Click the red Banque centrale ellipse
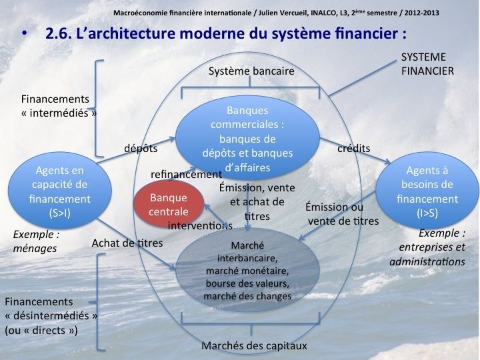tap(168, 205)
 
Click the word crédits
tap(354, 149)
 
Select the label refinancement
tap(186, 174)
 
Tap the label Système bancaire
tap(251, 71)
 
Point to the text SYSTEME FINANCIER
tap(427, 63)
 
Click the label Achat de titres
tap(127, 243)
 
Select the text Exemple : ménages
tap(35, 242)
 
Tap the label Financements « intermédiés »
tap(59, 106)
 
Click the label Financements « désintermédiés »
tap(51, 315)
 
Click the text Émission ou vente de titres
tap(342, 213)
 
